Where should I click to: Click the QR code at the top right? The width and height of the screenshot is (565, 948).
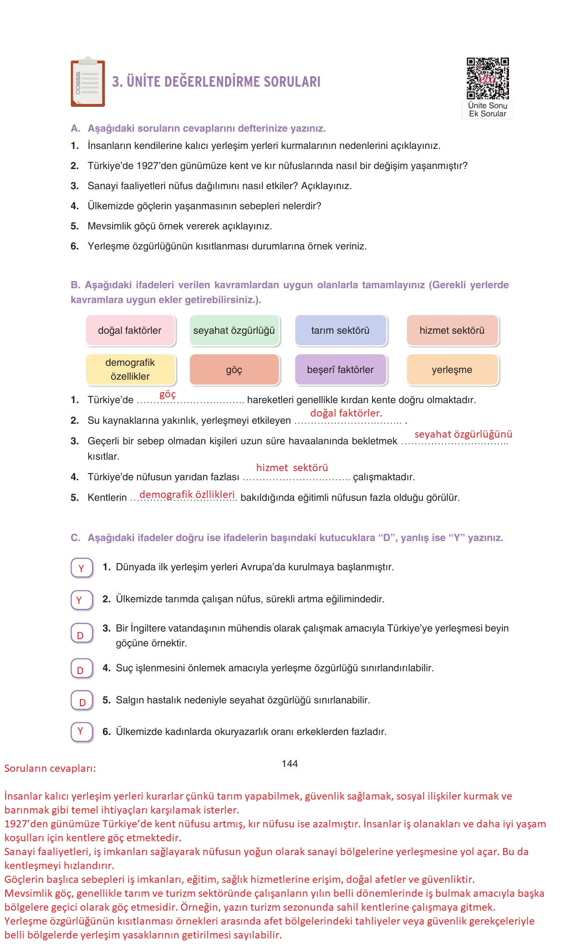point(487,78)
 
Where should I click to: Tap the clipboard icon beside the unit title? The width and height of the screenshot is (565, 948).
point(88,83)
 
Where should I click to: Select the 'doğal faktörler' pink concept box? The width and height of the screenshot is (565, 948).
point(130,330)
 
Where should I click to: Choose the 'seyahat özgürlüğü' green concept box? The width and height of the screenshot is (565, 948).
point(234,330)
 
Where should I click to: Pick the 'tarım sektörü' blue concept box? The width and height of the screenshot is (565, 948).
point(340,330)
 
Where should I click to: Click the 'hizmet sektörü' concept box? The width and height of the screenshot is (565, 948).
point(452,330)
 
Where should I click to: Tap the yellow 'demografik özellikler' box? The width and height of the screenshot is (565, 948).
point(130,370)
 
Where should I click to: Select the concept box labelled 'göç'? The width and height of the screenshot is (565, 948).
point(234,370)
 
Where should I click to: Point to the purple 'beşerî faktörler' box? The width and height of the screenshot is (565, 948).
point(340,370)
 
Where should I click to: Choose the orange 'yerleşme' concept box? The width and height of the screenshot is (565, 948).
point(452,370)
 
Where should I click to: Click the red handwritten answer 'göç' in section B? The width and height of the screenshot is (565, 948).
point(168,395)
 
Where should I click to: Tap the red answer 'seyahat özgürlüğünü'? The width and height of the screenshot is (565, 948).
point(463,434)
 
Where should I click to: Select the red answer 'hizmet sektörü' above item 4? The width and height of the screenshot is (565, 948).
point(292,468)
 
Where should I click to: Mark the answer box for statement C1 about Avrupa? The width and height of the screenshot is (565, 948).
point(82,568)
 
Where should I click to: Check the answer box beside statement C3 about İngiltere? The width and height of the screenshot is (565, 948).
point(82,634)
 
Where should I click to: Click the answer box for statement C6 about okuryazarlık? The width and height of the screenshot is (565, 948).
point(82,732)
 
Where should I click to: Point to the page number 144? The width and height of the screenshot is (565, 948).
point(290,764)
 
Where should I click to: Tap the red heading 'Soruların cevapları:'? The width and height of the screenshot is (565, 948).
point(50,768)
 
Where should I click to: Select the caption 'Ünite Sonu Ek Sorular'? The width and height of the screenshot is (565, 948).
point(487,110)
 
